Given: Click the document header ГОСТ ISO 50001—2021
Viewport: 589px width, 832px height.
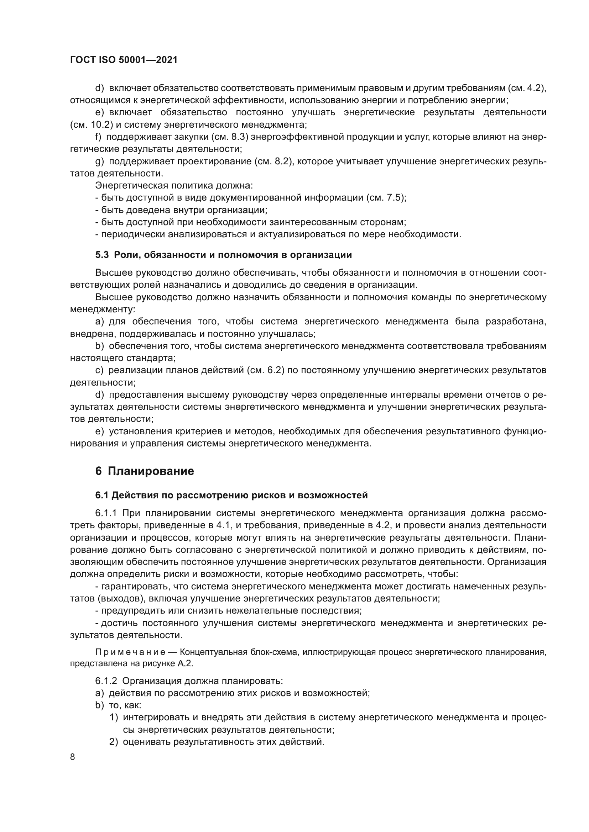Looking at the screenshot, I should [124, 60].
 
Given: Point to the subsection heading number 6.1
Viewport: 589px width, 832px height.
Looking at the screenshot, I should [102, 495].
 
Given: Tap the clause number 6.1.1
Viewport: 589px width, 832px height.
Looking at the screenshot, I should [106, 513].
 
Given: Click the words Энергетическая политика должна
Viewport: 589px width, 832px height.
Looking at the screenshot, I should [174, 186].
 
